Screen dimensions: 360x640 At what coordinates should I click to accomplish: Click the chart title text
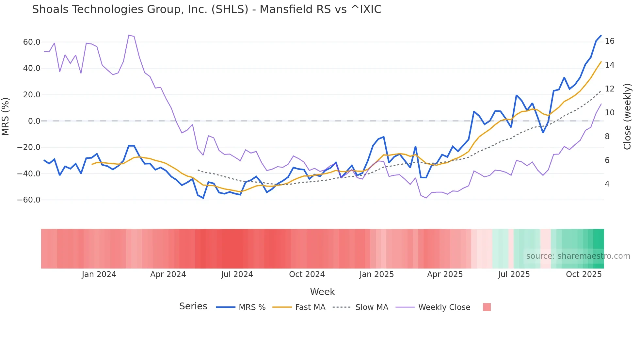coord(206,9)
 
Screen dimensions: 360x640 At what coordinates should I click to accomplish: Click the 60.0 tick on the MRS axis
coord(32,42)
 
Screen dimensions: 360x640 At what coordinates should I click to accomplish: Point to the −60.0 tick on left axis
coord(29,200)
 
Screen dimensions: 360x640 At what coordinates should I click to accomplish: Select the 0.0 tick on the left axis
coord(34,121)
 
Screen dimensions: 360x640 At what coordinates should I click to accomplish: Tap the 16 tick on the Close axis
coord(609,41)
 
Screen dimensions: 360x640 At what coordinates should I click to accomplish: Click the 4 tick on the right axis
coord(607,184)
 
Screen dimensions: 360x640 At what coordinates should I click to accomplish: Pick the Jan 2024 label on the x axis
coord(99,274)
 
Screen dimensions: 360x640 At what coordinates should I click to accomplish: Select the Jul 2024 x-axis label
coord(237,274)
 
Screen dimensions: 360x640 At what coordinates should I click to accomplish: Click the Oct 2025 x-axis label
coord(584,274)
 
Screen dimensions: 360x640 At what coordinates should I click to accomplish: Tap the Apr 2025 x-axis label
coord(445,274)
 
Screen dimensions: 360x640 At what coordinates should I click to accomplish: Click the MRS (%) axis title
coord(6,117)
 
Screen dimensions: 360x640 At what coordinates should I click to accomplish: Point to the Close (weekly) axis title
coord(627,117)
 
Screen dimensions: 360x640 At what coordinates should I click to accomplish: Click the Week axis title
coord(322,292)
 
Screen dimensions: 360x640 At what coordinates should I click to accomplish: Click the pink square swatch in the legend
coord(487,307)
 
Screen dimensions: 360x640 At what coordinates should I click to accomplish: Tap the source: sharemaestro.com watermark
coord(578,256)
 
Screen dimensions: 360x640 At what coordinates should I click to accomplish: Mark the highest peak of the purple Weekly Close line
coord(129,35)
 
